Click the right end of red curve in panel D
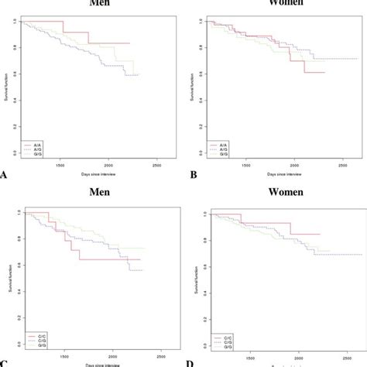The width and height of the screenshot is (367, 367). pos(320,234)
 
